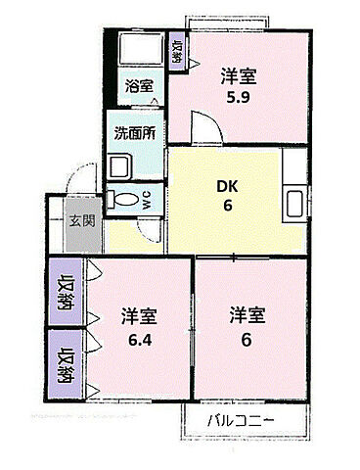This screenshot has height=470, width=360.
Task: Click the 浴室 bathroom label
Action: coord(139,86)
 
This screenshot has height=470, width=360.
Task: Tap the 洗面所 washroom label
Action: coord(135,133)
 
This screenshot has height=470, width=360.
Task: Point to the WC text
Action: coord(147,199)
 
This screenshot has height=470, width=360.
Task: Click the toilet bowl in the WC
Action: coord(123,199)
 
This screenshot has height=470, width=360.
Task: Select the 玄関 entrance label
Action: coord(82,221)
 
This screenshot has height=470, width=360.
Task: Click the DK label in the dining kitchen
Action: coord(227,186)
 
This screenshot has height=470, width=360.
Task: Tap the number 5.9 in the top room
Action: coord(239,97)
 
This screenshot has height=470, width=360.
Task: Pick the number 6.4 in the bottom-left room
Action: coord(140,341)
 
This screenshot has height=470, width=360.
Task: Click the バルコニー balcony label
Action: coord(241,421)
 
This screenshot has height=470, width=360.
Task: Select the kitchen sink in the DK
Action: coord(295,203)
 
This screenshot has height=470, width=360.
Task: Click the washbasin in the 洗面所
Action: coord(119,165)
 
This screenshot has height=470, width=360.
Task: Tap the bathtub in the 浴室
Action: coord(141,48)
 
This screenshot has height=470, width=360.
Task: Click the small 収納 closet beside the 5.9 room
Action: coord(177,51)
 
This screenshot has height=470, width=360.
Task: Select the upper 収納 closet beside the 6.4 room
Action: coord(66,291)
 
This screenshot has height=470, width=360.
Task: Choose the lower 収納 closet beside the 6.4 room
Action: coord(66,364)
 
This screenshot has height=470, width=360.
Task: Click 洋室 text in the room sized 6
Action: coord(247,314)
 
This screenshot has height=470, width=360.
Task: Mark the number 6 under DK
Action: coord(228,206)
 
